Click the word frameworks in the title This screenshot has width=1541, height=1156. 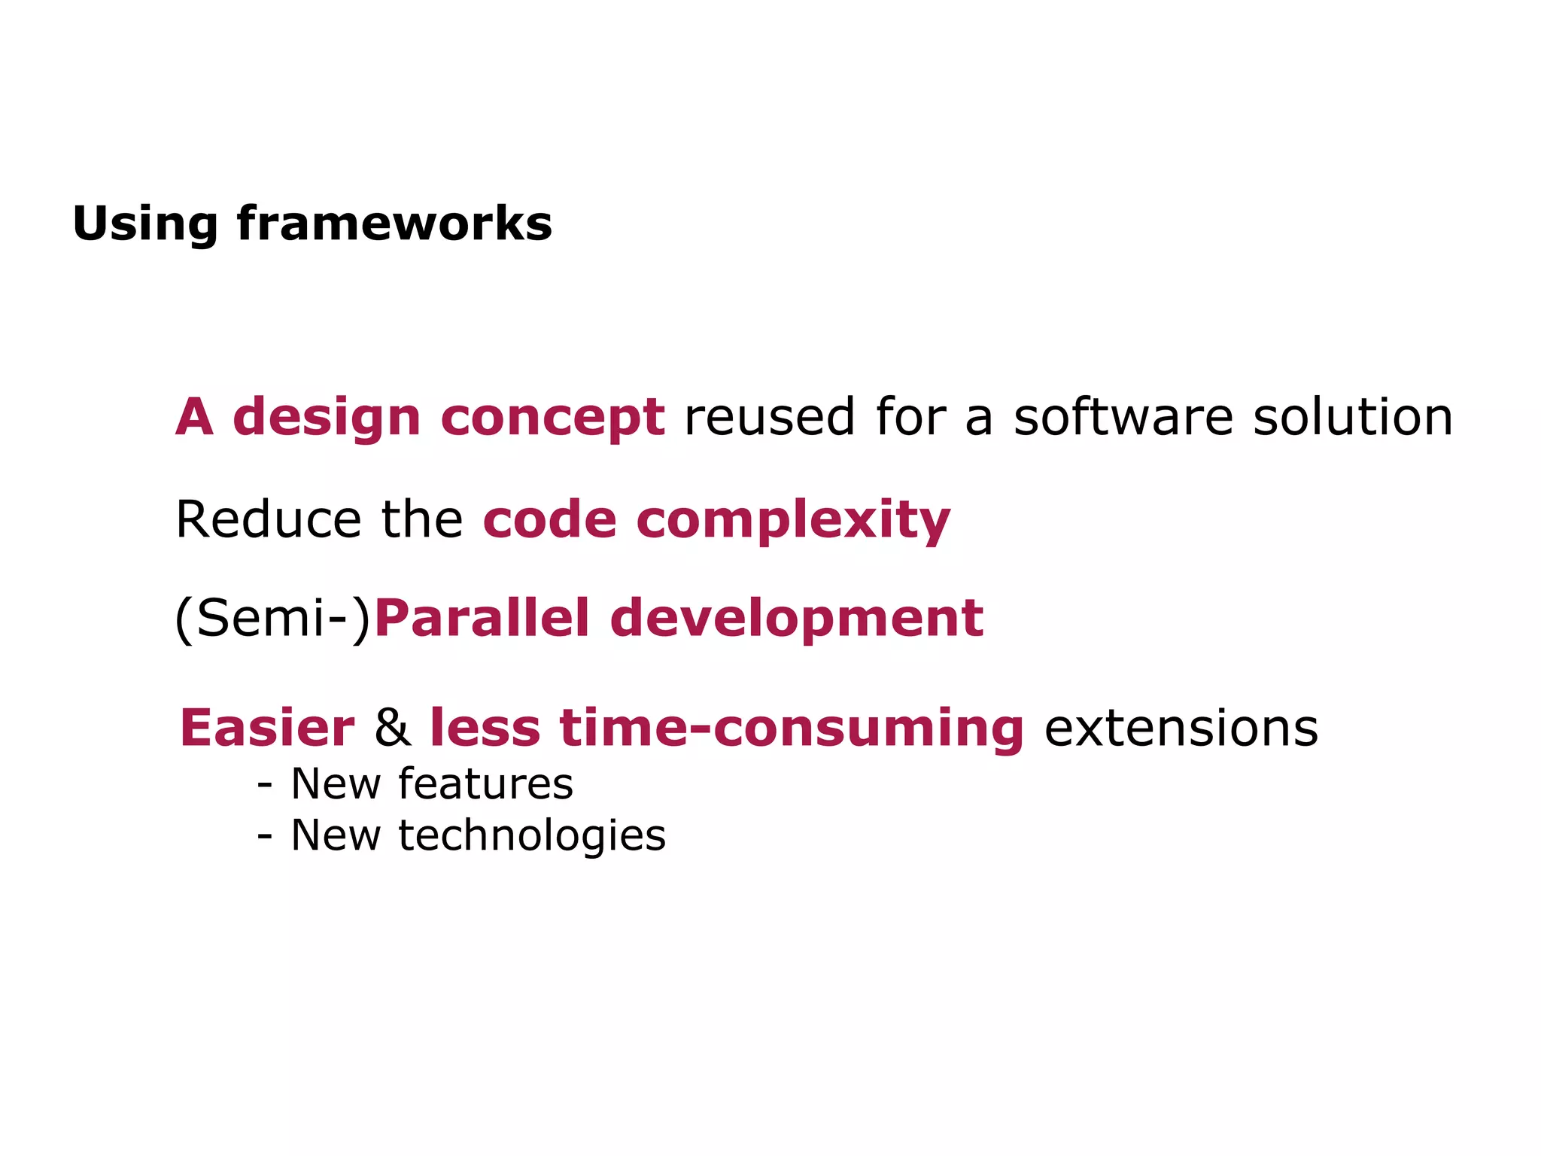pyautogui.click(x=394, y=224)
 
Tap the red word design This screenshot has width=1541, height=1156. pyautogui.click(x=327, y=418)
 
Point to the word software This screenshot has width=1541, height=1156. pyautogui.click(x=1123, y=418)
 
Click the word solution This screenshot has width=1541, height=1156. pyautogui.click(x=1352, y=418)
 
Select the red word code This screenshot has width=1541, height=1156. pyautogui.click(x=550, y=519)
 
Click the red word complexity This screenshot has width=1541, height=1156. pyautogui.click(x=793, y=521)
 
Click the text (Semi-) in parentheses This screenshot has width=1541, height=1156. pyautogui.click(x=273, y=619)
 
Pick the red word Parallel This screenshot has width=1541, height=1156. pyautogui.click(x=482, y=619)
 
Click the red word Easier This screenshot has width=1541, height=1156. pyautogui.click(x=266, y=728)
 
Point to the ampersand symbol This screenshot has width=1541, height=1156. pyautogui.click(x=393, y=728)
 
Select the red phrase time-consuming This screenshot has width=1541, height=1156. pyautogui.click(x=792, y=728)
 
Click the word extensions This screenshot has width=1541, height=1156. pyautogui.click(x=1181, y=728)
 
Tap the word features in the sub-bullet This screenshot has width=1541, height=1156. pyautogui.click(x=485, y=783)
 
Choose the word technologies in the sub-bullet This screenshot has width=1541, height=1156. pyautogui.click(x=531, y=835)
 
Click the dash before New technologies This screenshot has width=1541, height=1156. pyautogui.click(x=264, y=835)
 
